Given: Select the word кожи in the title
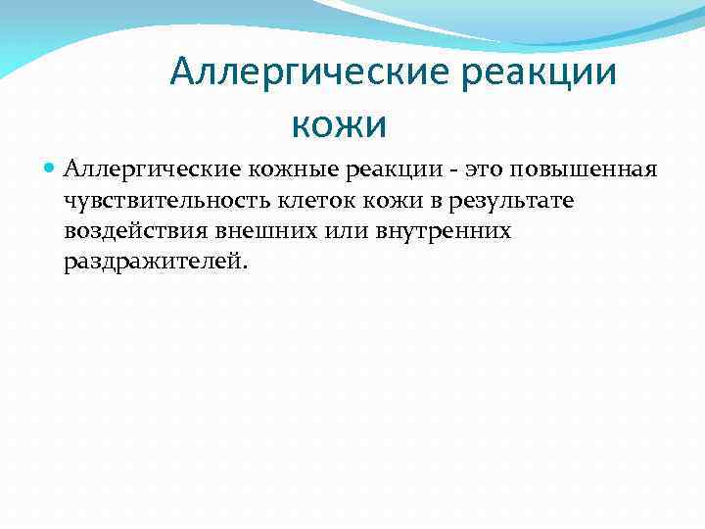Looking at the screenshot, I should coord(339,124).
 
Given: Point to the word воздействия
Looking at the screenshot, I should coord(126,231).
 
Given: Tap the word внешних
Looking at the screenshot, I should coord(252,231).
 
